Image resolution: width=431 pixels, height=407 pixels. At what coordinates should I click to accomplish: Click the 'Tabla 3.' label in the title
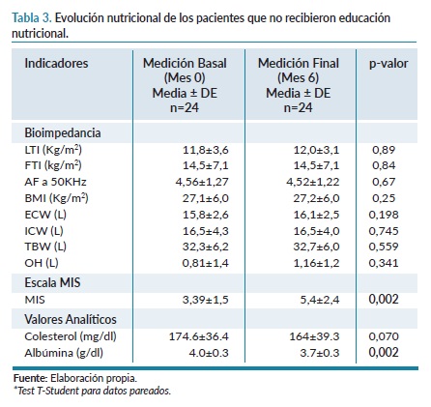pos(32,18)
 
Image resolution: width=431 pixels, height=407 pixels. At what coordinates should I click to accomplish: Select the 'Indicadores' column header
pos(56,63)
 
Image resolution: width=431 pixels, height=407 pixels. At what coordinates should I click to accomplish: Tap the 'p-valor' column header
pos(388,64)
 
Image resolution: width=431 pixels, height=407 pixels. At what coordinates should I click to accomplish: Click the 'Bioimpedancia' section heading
pos(63,132)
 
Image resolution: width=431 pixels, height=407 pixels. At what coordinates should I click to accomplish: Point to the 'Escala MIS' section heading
pos(52,282)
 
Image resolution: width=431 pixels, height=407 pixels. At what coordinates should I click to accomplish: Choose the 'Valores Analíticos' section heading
pos(71,319)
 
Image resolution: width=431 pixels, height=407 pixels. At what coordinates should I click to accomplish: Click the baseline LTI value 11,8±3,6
pos(206,150)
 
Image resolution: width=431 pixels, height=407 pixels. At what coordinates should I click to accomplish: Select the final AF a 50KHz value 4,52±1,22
pos(313,182)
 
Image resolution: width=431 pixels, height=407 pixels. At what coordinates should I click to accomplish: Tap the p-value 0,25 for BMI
pos(384,198)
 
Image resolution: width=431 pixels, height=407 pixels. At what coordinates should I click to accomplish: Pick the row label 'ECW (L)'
pos(45,215)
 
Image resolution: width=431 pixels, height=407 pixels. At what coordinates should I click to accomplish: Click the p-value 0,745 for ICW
pos(384,231)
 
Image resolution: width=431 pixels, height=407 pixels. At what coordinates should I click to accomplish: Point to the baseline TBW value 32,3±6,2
pos(206,247)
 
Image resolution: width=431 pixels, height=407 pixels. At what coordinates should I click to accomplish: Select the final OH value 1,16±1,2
pos(316,263)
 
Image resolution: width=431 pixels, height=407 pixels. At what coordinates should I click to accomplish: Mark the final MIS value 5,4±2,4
pos(320,300)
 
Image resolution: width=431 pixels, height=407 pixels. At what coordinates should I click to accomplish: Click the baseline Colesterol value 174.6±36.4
pos(199,336)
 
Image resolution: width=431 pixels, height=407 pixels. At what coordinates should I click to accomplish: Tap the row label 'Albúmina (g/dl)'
pos(64,353)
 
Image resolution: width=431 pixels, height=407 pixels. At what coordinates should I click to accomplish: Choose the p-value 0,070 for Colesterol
pos(384,336)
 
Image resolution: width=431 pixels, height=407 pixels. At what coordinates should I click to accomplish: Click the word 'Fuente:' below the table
pos(31,378)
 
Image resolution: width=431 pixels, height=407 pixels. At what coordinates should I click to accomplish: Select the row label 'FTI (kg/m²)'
pos(53,165)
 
